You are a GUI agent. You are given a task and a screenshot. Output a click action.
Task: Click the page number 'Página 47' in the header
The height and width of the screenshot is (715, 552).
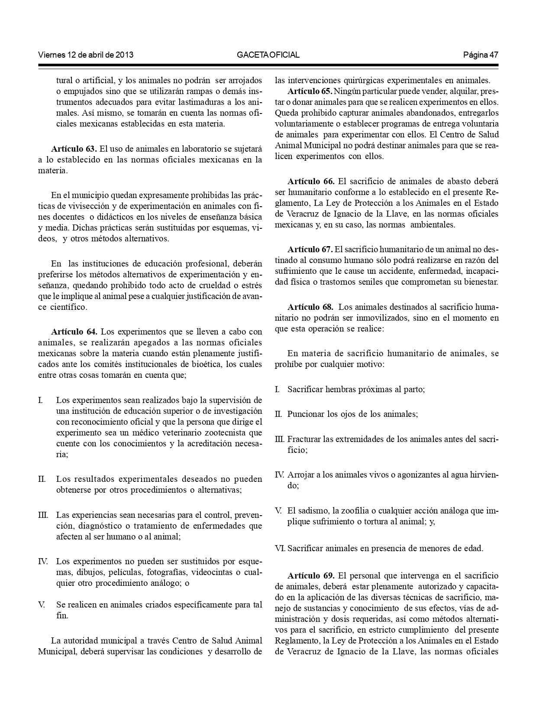481,55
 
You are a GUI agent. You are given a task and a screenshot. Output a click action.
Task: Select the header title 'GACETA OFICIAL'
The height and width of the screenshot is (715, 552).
268,55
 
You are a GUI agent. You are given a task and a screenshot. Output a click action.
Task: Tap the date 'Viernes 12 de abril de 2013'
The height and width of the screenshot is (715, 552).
86,55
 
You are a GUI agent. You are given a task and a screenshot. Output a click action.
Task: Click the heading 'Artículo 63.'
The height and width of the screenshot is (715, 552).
74,149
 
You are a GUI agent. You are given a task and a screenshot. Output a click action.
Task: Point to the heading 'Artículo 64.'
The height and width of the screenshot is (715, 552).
74,332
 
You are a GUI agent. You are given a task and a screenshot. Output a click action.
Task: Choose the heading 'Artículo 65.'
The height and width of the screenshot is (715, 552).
310,91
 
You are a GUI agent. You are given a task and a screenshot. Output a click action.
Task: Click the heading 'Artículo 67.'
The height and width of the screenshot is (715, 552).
310,250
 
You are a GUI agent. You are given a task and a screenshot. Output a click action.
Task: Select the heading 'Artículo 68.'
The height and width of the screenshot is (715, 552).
310,307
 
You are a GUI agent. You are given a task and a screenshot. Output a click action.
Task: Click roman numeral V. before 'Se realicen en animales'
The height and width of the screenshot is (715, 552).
42,604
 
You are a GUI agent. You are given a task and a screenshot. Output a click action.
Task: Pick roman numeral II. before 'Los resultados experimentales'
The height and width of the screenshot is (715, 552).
42,479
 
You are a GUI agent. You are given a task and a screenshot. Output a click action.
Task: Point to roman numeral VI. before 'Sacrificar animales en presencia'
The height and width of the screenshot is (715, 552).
280,548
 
